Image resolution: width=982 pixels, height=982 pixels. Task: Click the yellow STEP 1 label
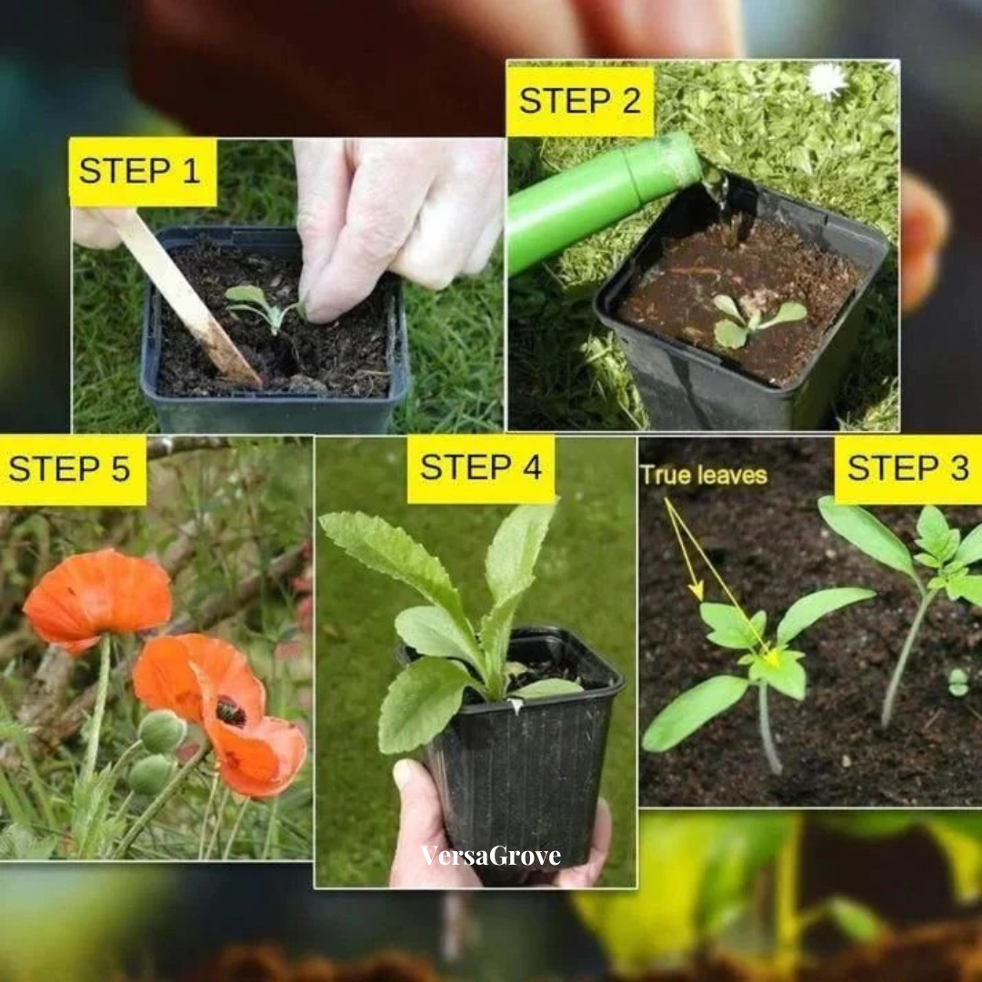coord(143,172)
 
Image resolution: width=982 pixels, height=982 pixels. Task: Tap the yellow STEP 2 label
coord(580,101)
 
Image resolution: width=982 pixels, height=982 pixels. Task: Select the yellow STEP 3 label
coord(908,469)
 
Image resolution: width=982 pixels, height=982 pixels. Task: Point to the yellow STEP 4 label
coord(481,468)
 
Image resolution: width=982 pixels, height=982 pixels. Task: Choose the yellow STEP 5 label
coord(73,470)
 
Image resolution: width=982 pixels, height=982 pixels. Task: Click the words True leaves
coord(703,476)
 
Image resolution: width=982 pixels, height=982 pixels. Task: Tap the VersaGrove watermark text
coord(490,856)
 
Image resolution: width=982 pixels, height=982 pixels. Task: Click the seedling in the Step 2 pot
coord(755,319)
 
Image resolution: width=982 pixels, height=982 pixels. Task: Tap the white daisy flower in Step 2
coord(827,81)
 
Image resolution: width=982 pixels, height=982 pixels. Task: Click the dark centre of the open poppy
coord(230,712)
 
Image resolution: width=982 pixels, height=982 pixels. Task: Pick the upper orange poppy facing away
coord(97,601)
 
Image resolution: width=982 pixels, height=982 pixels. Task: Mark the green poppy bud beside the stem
coord(162,731)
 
